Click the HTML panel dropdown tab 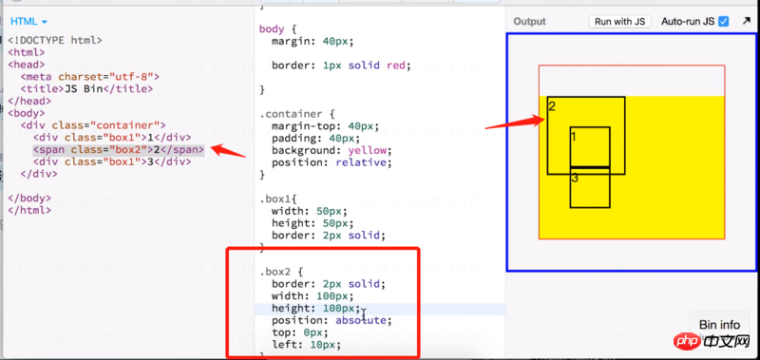(28, 20)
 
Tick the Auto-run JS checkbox (724, 21)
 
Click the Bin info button (718, 325)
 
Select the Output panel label (529, 21)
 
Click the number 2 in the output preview (552, 106)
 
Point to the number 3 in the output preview (575, 178)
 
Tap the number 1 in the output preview (574, 137)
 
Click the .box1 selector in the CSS (277, 199)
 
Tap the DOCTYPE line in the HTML (55, 40)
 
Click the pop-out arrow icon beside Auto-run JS (746, 21)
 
